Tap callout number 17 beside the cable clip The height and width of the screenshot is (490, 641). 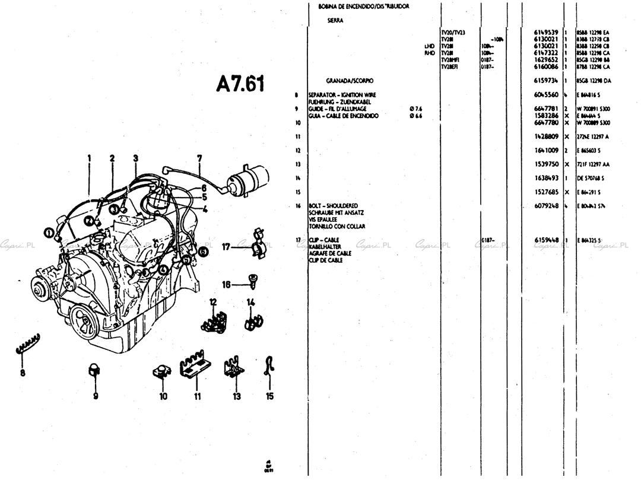(x=226, y=247)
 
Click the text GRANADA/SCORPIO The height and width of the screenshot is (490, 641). (x=350, y=80)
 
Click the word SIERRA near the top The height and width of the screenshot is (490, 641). (x=335, y=20)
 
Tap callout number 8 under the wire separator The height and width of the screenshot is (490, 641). (x=23, y=373)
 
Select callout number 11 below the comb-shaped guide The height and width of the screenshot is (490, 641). (x=197, y=396)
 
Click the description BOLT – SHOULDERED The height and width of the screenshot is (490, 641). (x=333, y=206)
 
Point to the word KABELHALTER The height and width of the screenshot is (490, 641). (x=325, y=246)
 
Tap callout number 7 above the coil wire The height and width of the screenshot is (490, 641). (x=199, y=158)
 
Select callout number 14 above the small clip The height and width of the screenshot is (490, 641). (x=250, y=302)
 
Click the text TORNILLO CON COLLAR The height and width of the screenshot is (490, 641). (x=337, y=226)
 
